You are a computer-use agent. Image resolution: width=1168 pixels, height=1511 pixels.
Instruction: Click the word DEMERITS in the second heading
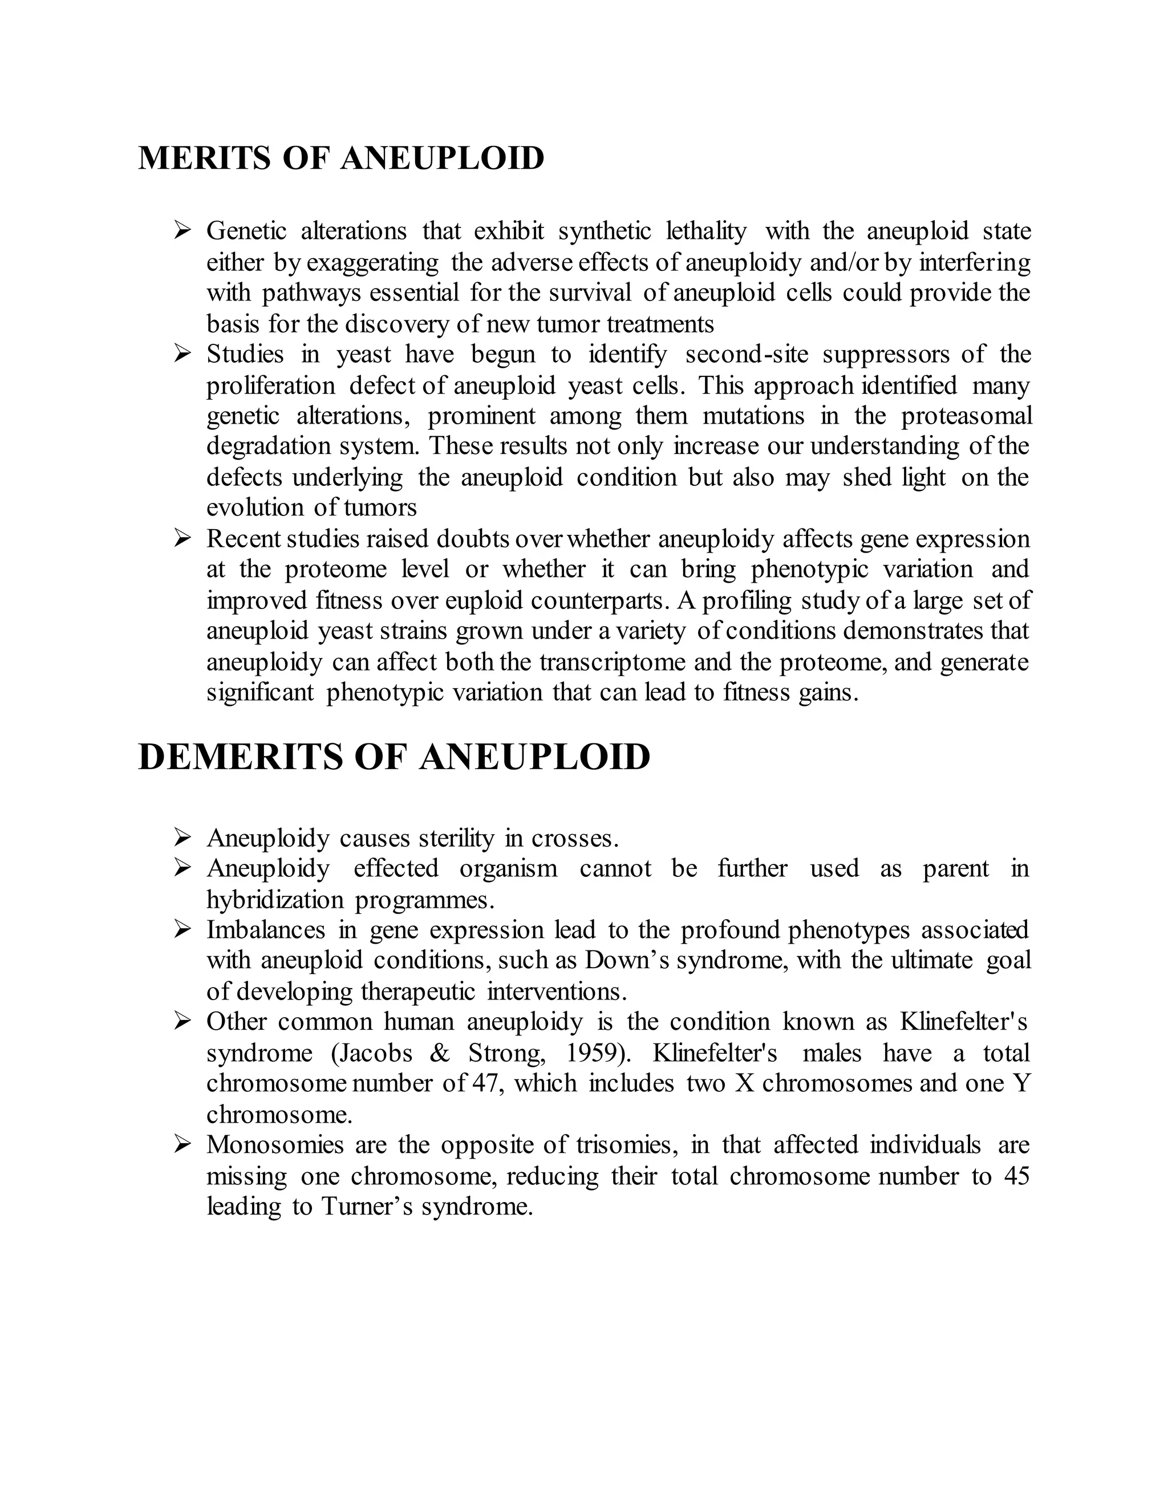click(240, 757)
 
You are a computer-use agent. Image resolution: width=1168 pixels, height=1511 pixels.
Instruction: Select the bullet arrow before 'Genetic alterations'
click(182, 230)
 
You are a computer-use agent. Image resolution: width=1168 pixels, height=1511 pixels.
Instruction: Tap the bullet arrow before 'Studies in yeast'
click(182, 354)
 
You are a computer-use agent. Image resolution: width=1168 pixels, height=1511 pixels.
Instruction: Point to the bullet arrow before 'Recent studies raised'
click(182, 538)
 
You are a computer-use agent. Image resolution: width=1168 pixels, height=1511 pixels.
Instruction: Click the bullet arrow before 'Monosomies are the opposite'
click(182, 1145)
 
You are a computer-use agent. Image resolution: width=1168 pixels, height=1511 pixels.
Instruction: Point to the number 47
click(486, 1083)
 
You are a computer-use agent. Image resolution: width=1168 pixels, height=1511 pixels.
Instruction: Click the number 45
click(1016, 1176)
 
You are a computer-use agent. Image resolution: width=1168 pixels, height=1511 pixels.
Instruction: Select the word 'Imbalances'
click(265, 930)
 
